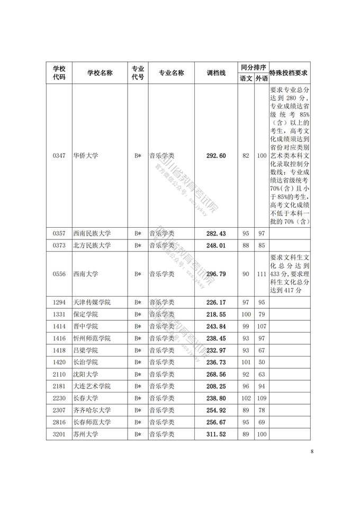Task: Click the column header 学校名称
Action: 100,73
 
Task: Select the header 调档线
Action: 216,73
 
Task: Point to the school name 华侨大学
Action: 86,156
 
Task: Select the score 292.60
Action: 216,156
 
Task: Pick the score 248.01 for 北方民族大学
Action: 216,245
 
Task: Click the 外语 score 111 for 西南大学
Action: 261,274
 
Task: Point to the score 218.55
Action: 216,315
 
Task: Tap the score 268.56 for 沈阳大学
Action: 216,374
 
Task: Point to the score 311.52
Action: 216,434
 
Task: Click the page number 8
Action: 312,451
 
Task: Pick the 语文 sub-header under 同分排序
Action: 246,78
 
